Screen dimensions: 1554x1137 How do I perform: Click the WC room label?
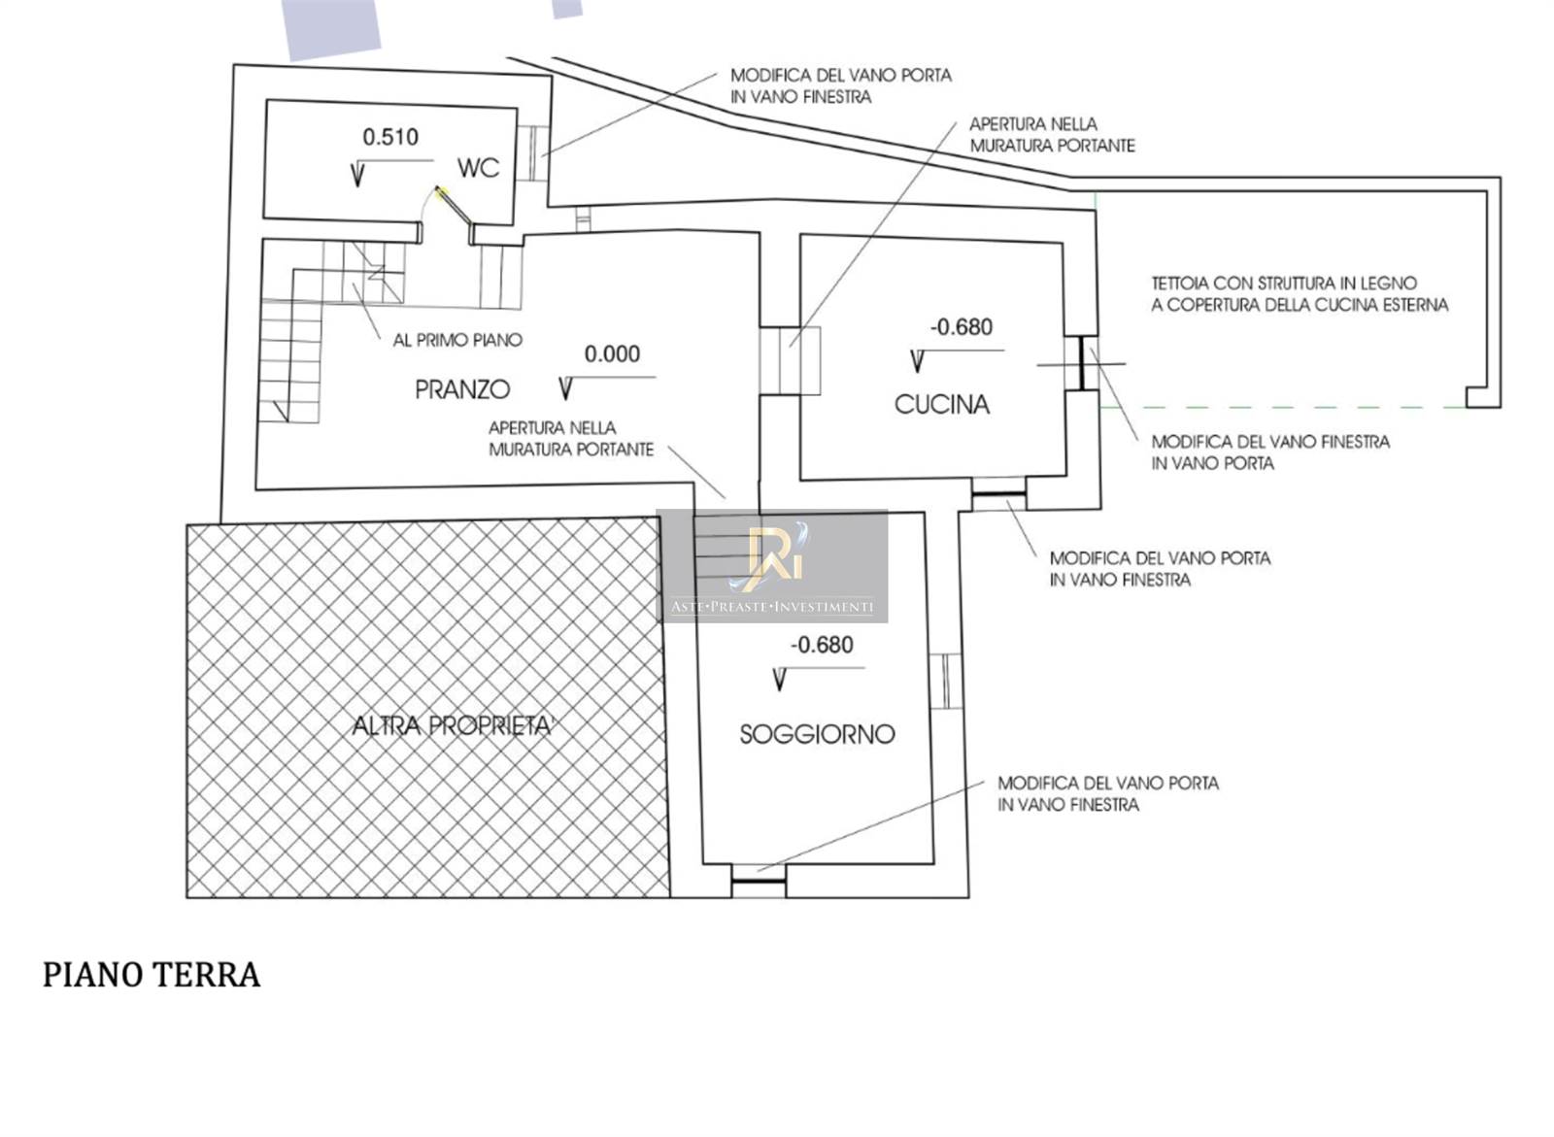(478, 168)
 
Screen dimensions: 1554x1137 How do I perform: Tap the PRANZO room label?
(462, 390)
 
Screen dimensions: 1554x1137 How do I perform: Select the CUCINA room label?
(941, 405)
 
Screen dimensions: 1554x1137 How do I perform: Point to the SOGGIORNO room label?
(817, 734)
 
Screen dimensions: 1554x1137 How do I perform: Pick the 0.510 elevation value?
(390, 137)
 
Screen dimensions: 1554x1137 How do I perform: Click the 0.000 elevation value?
(612, 353)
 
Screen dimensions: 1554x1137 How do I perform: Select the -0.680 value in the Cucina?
(962, 327)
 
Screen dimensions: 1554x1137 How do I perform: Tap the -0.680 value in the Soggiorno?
(822, 645)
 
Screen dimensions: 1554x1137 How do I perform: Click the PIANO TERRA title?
(152, 975)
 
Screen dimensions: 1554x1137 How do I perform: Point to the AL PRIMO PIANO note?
(457, 340)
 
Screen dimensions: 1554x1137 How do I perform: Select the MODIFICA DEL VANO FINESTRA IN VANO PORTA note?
(1270, 452)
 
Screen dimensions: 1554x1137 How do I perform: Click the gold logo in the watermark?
(773, 552)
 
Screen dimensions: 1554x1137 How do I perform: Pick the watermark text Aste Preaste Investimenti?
(772, 607)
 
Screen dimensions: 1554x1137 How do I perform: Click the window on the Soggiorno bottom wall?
(759, 881)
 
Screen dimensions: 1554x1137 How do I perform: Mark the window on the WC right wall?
(533, 152)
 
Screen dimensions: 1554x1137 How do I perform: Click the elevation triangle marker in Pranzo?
(565, 388)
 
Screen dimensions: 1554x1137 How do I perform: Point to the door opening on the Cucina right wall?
(1081, 363)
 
